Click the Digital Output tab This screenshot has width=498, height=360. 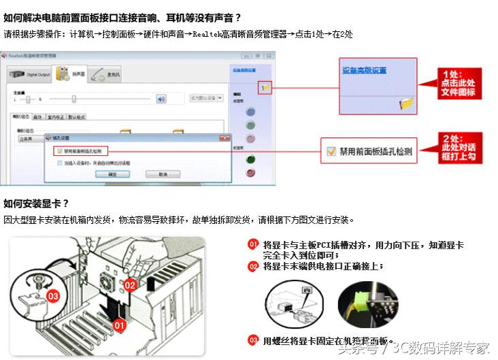click(30, 74)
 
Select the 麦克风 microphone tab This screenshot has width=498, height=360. click(110, 74)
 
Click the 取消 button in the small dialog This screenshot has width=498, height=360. click(163, 174)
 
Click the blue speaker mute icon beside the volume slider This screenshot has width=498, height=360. click(161, 98)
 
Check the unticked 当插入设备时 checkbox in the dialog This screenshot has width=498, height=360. click(59, 163)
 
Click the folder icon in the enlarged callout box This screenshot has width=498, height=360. click(406, 103)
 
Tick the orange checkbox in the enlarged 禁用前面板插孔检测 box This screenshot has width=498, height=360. click(331, 152)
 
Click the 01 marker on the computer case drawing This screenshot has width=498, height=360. click(119, 325)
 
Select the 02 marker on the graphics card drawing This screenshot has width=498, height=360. click(131, 285)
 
